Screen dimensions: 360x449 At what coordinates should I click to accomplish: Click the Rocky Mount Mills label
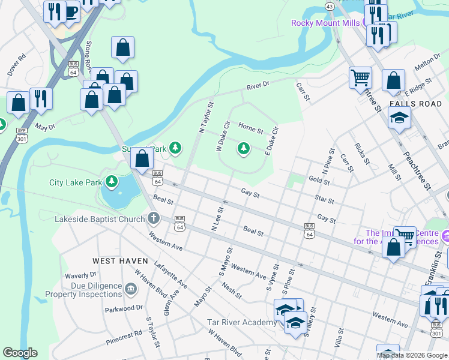pyautogui.click(x=325, y=23)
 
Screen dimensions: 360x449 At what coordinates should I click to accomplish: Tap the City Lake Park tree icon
pyautogui.click(x=111, y=181)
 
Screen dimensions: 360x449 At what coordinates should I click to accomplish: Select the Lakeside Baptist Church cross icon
pyautogui.click(x=154, y=218)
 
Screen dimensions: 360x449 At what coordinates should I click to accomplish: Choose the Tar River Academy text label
pyautogui.click(x=242, y=323)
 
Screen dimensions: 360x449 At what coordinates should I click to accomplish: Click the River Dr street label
pyautogui.click(x=258, y=86)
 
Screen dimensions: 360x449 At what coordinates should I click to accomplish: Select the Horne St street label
pyautogui.click(x=250, y=128)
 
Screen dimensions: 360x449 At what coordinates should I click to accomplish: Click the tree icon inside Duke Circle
pyautogui.click(x=243, y=148)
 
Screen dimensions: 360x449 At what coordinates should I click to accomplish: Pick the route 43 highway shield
pyautogui.click(x=329, y=5)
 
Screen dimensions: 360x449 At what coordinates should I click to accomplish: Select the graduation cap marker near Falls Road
pyautogui.click(x=399, y=118)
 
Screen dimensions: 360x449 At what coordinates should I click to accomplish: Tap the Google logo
pyautogui.click(x=20, y=353)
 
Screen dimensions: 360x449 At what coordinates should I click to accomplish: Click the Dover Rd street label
pyautogui.click(x=17, y=65)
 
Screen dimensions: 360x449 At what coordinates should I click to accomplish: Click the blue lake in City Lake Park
pyautogui.click(x=117, y=196)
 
